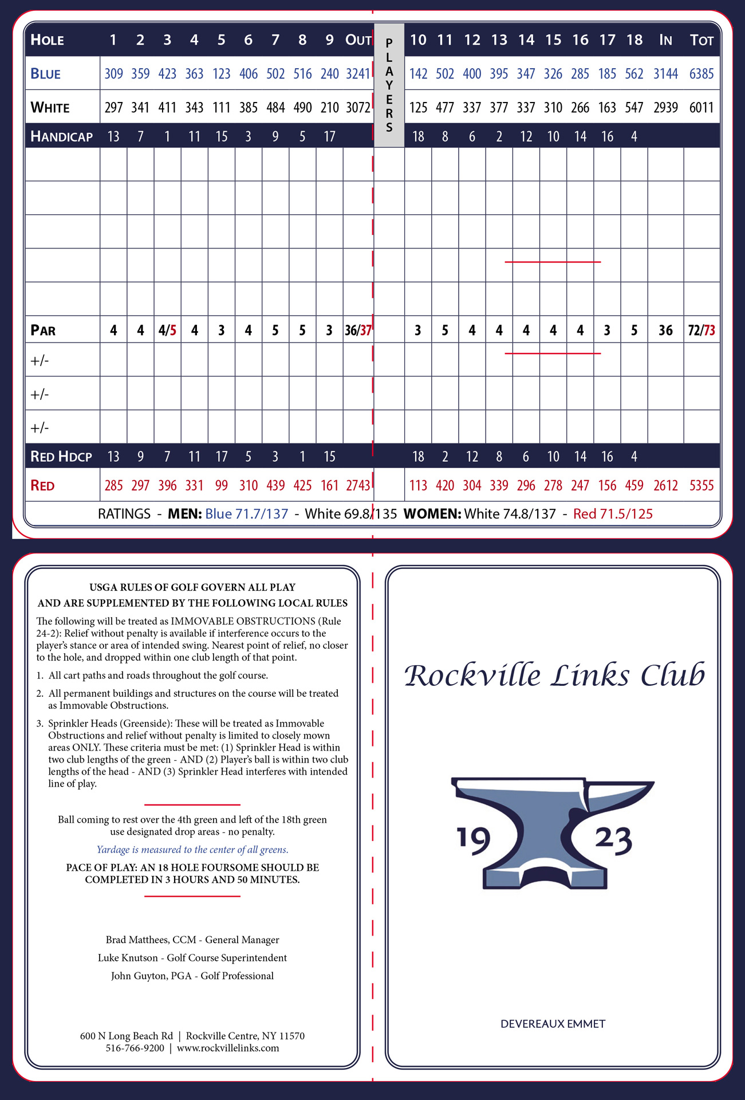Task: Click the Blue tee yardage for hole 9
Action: coord(329,74)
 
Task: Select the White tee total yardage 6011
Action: coord(701,108)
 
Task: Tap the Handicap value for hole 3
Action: coord(167,136)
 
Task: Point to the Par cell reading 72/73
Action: coord(701,331)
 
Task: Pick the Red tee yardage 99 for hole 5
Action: coord(221,486)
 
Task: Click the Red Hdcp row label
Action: coord(61,457)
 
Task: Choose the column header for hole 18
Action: coord(634,40)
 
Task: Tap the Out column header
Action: coord(358,40)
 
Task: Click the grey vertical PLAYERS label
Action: coord(389,85)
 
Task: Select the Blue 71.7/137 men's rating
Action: coord(246,514)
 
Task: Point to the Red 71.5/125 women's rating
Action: coord(613,514)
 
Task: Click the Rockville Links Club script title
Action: coord(554,675)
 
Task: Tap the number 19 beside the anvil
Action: coord(474,840)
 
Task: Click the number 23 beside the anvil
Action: coord(613,840)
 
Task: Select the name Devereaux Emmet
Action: coord(553,1024)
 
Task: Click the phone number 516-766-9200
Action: coord(135,1048)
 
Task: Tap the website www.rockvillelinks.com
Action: coord(228,1048)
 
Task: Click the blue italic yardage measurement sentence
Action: coord(192,850)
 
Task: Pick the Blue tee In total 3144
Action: coord(665,74)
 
